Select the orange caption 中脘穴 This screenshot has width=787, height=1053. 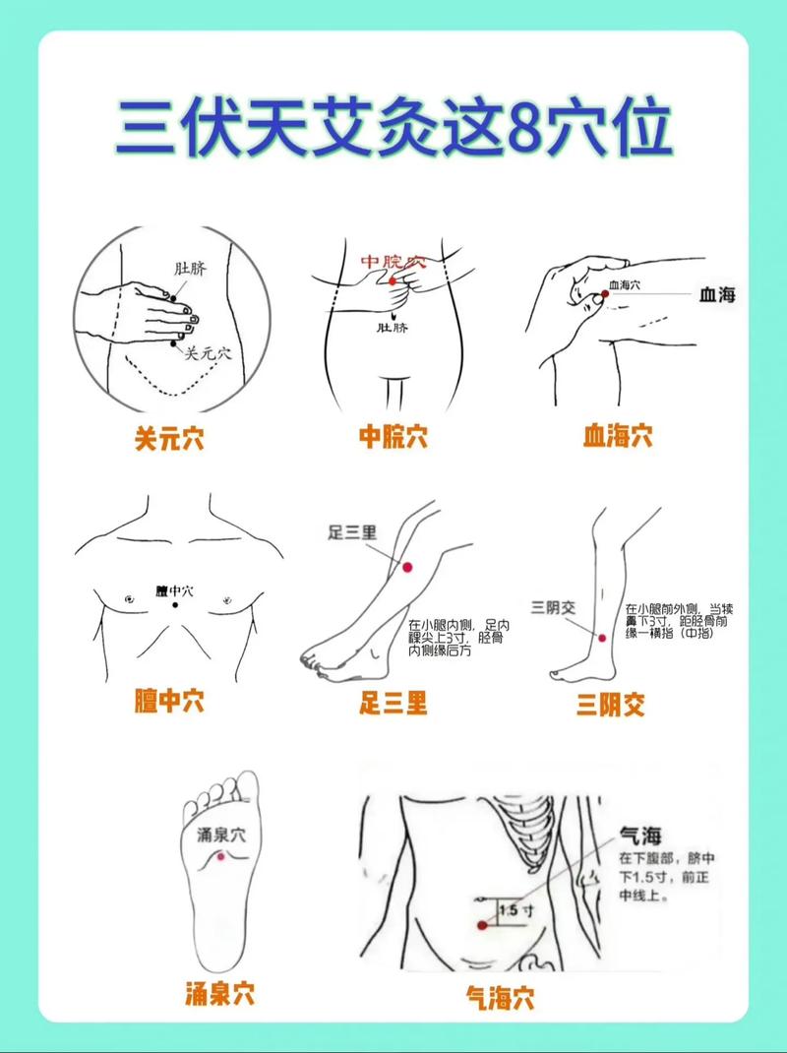coord(393,437)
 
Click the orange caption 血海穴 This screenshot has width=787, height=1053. coord(617,435)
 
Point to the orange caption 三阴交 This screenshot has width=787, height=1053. coord(611,705)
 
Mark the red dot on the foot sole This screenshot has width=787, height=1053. coord(221,857)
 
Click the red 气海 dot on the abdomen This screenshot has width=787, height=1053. coord(482,925)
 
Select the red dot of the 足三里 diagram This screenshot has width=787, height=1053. coord(406,567)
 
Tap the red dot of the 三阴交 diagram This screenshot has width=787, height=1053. coord(601,638)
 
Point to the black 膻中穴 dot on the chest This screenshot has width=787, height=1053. coord(175,605)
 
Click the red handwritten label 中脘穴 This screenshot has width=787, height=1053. coord(392,262)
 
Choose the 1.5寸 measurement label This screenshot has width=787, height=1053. coord(516,911)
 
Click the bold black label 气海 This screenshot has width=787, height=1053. coord(640,836)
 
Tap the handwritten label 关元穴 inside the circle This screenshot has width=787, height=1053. coord(208,352)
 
